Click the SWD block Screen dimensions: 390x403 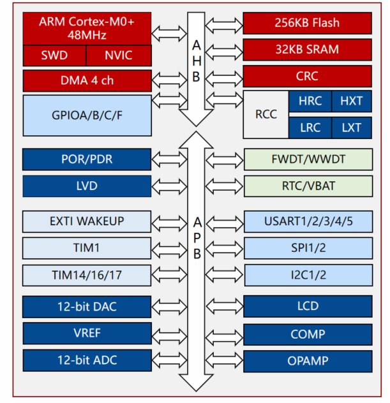[54, 55]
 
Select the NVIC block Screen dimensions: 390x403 [119, 55]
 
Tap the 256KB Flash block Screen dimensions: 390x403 [307, 23]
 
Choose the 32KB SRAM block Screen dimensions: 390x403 [307, 50]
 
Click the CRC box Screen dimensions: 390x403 [307, 77]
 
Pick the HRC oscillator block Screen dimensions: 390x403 [310, 101]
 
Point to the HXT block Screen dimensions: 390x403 [352, 101]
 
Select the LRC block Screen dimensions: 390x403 [310, 128]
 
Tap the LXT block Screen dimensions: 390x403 [352, 128]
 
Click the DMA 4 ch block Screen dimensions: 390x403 [87, 81]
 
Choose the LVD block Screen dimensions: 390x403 [87, 186]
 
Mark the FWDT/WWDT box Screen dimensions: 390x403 [308, 159]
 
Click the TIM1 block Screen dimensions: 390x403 [87, 248]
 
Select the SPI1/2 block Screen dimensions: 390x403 [308, 248]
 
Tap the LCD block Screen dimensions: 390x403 [308, 306]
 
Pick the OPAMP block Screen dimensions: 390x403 [308, 361]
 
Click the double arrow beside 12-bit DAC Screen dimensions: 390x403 [169, 306]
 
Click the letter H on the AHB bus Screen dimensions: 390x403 [197, 61]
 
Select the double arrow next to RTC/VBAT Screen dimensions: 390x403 [224, 186]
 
